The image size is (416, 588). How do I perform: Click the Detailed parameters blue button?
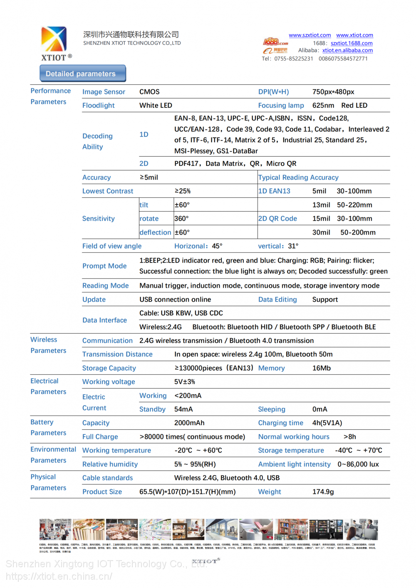click(x=83, y=74)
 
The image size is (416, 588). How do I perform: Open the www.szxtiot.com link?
click(x=310, y=35)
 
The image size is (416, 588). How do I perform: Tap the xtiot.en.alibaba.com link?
click(x=347, y=50)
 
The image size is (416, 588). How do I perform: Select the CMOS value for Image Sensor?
click(x=149, y=92)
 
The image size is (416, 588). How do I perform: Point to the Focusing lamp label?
click(x=281, y=106)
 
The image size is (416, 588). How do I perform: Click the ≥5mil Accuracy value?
click(x=149, y=177)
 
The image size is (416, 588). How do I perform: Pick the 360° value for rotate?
click(x=181, y=219)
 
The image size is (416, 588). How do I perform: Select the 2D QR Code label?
click(x=277, y=219)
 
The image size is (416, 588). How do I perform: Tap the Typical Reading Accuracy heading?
click(x=298, y=177)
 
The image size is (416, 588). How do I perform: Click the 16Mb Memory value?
click(x=322, y=368)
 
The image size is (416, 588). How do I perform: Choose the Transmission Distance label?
click(x=117, y=354)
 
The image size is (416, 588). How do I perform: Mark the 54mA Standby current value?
click(x=183, y=409)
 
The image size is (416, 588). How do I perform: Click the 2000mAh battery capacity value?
click(x=189, y=423)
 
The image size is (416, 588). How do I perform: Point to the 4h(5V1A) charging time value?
click(x=327, y=423)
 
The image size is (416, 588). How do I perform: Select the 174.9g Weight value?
click(x=323, y=492)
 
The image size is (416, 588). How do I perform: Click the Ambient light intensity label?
click(x=294, y=464)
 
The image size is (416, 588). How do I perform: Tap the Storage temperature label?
click(x=291, y=450)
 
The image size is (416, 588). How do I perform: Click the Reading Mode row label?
click(x=106, y=286)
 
